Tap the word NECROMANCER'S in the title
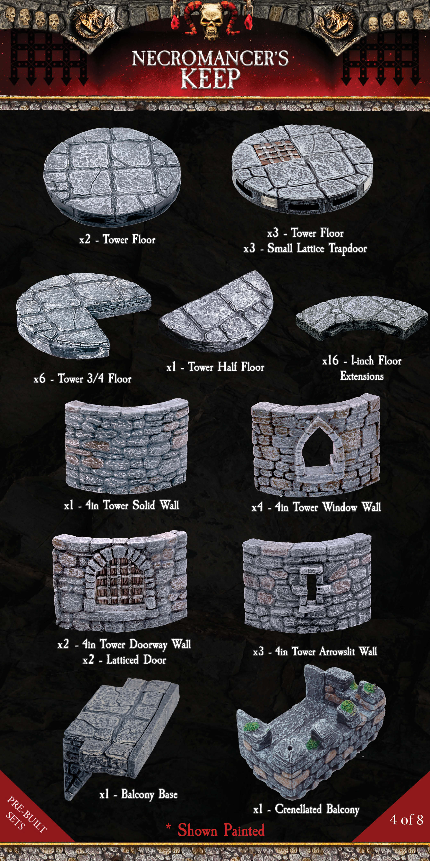(210, 58)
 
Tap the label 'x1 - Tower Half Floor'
(215, 367)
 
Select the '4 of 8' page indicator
(406, 820)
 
